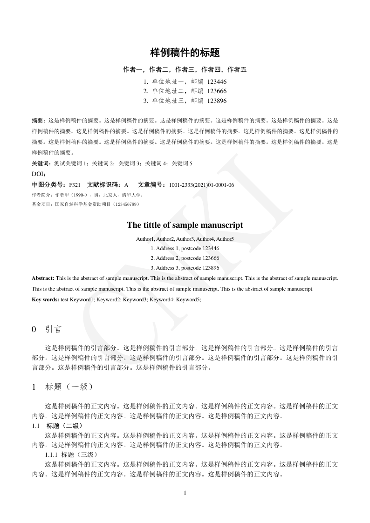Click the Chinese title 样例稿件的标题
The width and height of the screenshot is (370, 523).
(x=185, y=53)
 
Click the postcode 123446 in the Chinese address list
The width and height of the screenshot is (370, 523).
(x=217, y=82)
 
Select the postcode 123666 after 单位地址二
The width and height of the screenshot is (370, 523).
(x=217, y=91)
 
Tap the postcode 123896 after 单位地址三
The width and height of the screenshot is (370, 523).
(x=217, y=101)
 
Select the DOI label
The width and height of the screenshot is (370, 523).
(x=38, y=174)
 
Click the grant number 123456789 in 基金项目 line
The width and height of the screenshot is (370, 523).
(x=123, y=204)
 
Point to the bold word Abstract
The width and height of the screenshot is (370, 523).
(x=43, y=278)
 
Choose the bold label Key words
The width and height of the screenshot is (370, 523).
(x=45, y=299)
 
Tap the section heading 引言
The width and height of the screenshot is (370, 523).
(x=53, y=329)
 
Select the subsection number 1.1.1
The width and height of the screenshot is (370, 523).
(x=51, y=454)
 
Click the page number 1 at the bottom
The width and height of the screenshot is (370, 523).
(x=185, y=493)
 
